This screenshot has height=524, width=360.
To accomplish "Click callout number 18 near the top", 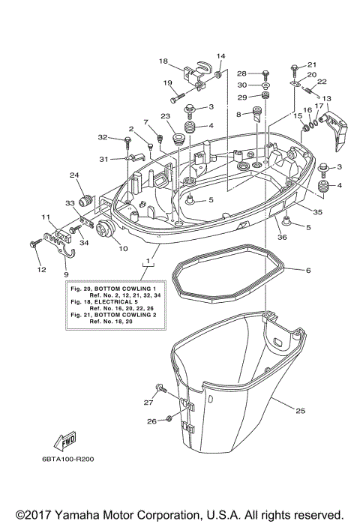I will (163, 61).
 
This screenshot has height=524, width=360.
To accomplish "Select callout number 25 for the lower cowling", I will (301, 411).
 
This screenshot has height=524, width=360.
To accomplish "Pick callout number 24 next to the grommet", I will (74, 176).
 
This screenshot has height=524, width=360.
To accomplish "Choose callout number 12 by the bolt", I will (42, 268).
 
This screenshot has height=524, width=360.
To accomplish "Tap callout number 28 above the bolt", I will (242, 73).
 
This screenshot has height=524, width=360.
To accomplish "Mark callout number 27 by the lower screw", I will (148, 402).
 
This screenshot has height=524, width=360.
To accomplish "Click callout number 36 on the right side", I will (283, 238).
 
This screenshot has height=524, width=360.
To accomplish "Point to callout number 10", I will (123, 248).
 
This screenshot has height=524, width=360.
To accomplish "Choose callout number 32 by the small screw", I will (103, 138).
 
